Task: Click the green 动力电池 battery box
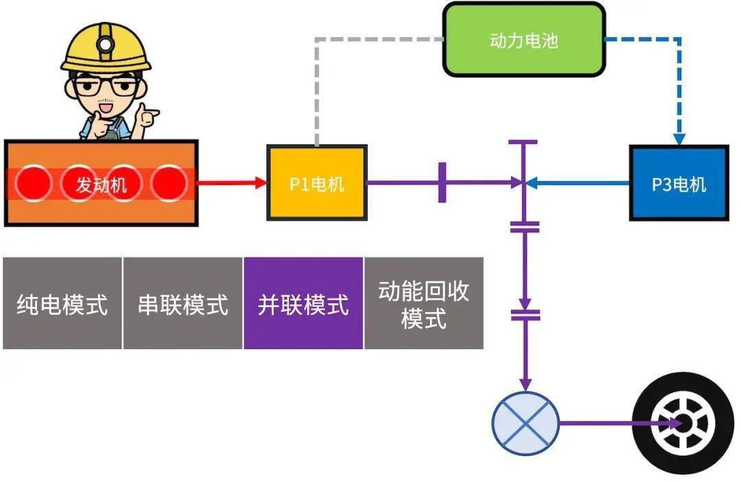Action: click(524, 40)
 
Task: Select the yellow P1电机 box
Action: click(316, 183)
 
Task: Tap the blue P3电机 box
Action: click(679, 183)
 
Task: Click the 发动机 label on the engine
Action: click(101, 184)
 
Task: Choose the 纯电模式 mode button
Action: click(62, 303)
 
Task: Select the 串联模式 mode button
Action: click(183, 303)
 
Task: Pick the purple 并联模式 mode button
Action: click(303, 303)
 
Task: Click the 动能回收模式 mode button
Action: click(423, 303)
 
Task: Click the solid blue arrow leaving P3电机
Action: click(580, 183)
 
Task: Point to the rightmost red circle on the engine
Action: click(169, 183)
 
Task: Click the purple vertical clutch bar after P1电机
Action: click(442, 182)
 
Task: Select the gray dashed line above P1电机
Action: click(316, 89)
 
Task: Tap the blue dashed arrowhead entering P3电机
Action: click(679, 139)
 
